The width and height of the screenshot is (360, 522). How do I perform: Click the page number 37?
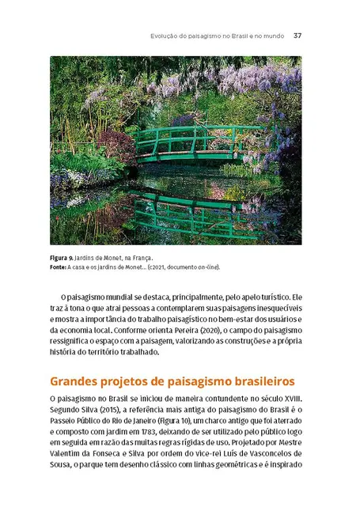pyautogui.click(x=297, y=35)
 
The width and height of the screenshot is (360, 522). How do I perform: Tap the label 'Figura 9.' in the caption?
pyautogui.click(x=63, y=258)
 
